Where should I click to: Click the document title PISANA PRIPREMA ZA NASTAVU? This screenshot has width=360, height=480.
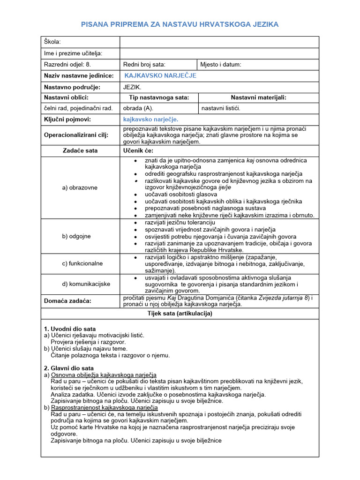tap(180, 24)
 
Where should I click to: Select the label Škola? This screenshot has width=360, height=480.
tap(52, 42)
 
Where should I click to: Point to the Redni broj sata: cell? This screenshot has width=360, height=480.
tap(144, 65)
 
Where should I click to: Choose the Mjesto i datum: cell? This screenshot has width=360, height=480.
tap(221, 65)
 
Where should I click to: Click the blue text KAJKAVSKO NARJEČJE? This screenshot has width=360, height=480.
tap(160, 75)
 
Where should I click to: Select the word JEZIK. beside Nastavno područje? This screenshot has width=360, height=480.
tap(132, 87)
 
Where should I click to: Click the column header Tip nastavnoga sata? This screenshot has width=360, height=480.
tap(159, 97)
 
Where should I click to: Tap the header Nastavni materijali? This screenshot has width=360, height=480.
tap(258, 97)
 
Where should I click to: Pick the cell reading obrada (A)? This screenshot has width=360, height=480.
tap(138, 108)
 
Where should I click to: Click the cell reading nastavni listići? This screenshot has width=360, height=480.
tap(221, 108)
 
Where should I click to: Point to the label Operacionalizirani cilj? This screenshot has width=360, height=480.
tap(76, 135)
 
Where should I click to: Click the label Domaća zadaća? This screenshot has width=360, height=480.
tap(68, 300)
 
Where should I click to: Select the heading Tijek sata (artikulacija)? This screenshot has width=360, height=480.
tap(180, 313)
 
